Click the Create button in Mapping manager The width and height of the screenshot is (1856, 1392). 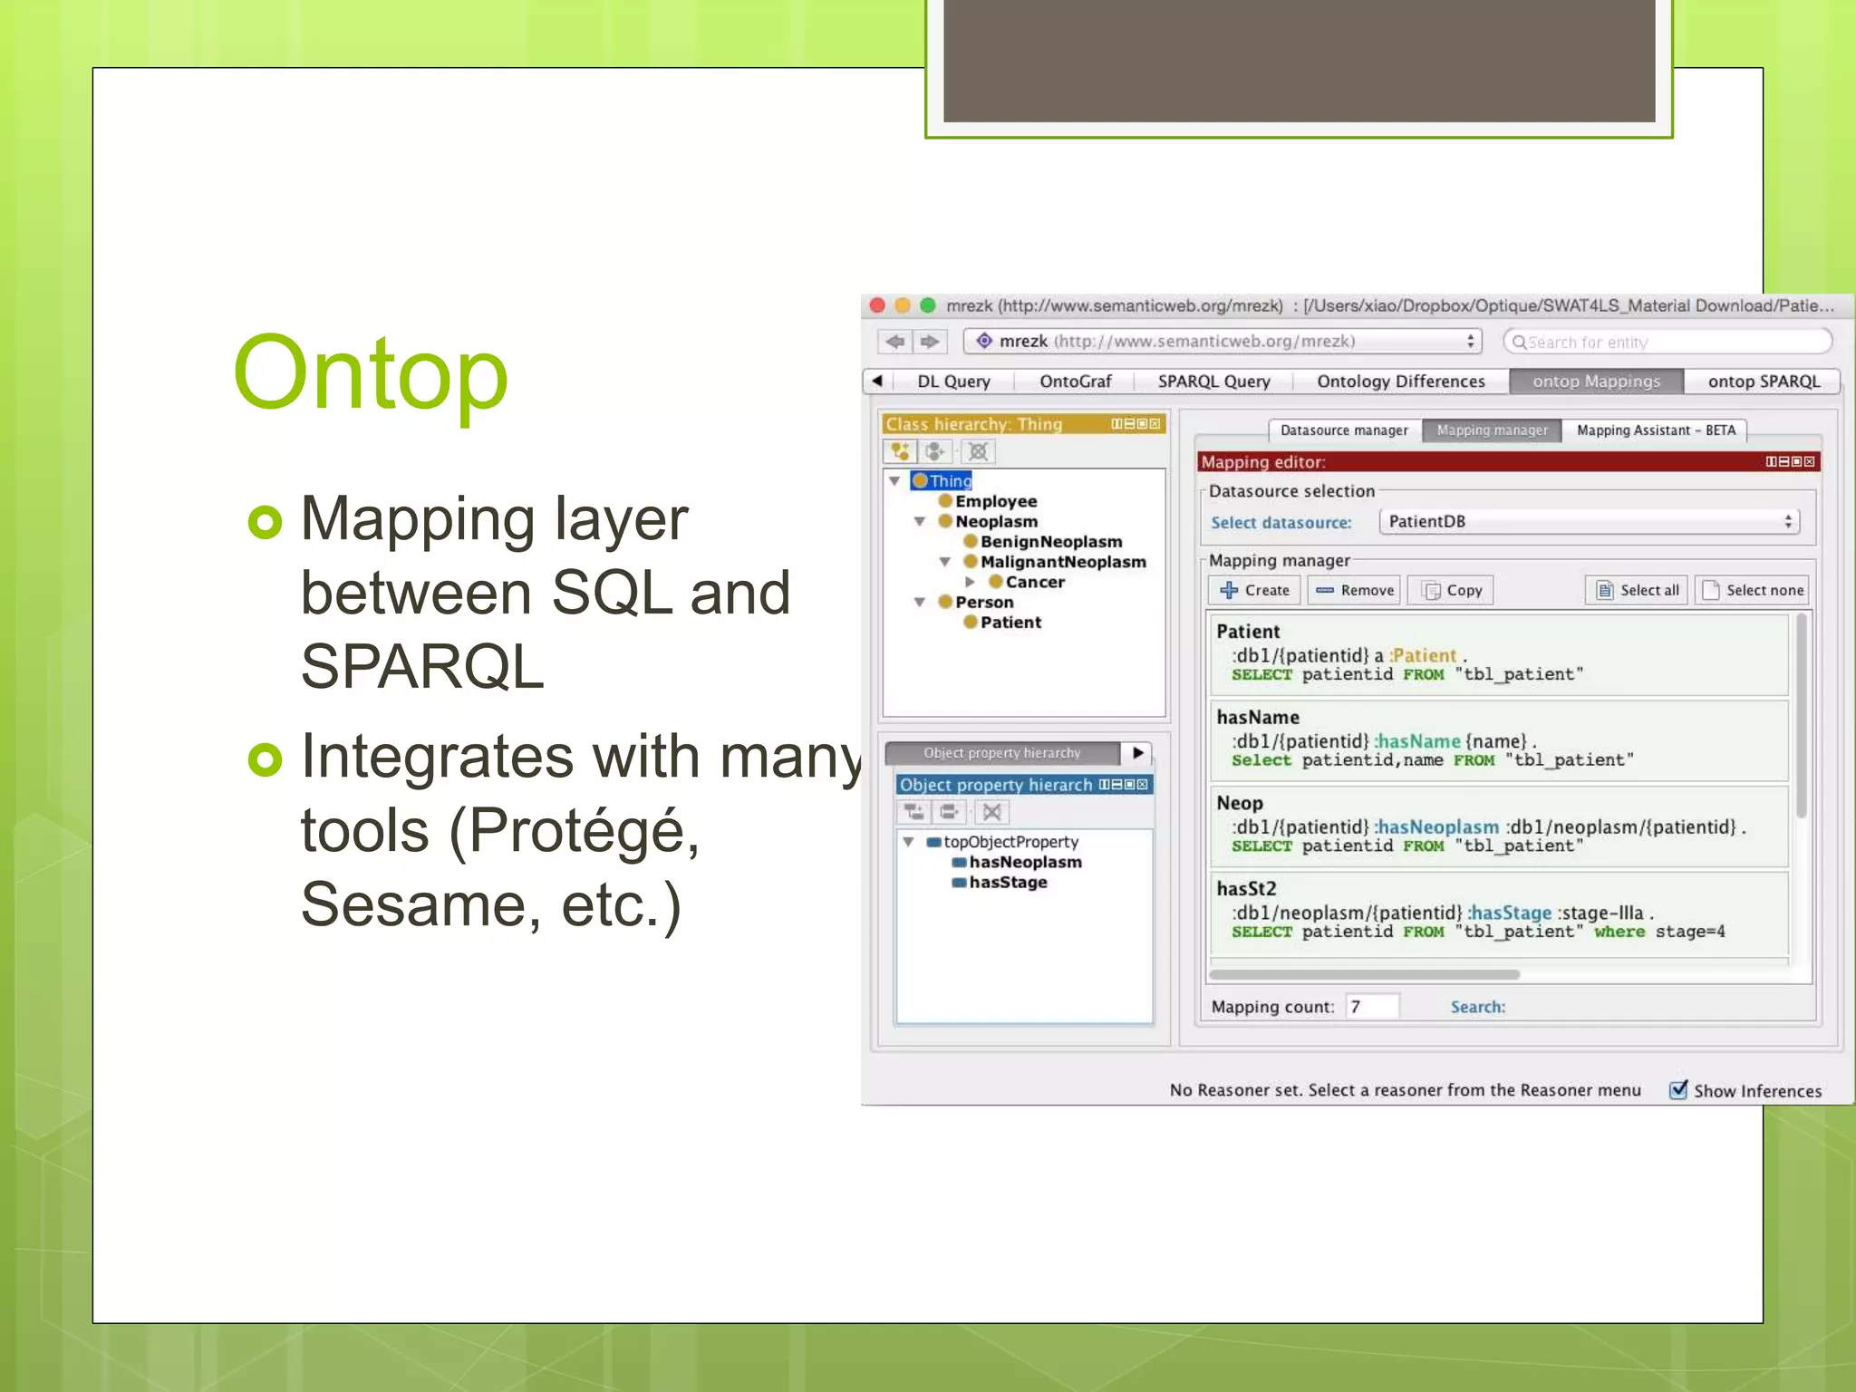click(x=1254, y=590)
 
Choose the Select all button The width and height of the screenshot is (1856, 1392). click(x=1637, y=590)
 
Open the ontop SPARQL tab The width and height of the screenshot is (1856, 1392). click(x=1763, y=382)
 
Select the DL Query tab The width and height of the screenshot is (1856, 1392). click(x=952, y=382)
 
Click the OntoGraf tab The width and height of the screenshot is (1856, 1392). click(x=1075, y=382)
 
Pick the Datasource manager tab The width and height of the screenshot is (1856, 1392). click(x=1343, y=430)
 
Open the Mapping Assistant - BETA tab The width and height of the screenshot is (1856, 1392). click(x=1655, y=430)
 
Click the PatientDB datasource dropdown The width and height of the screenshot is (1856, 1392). click(x=1589, y=521)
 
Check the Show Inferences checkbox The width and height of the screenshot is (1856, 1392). click(x=1678, y=1089)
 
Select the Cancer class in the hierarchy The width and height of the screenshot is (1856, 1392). click(x=1034, y=582)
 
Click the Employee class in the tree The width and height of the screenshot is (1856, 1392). click(x=995, y=501)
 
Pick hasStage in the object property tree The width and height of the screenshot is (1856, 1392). click(x=1007, y=882)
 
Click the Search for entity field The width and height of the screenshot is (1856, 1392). click(x=1667, y=342)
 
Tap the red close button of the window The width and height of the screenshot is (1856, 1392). click(x=877, y=305)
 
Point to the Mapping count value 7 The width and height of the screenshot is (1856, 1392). click(x=1357, y=1007)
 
